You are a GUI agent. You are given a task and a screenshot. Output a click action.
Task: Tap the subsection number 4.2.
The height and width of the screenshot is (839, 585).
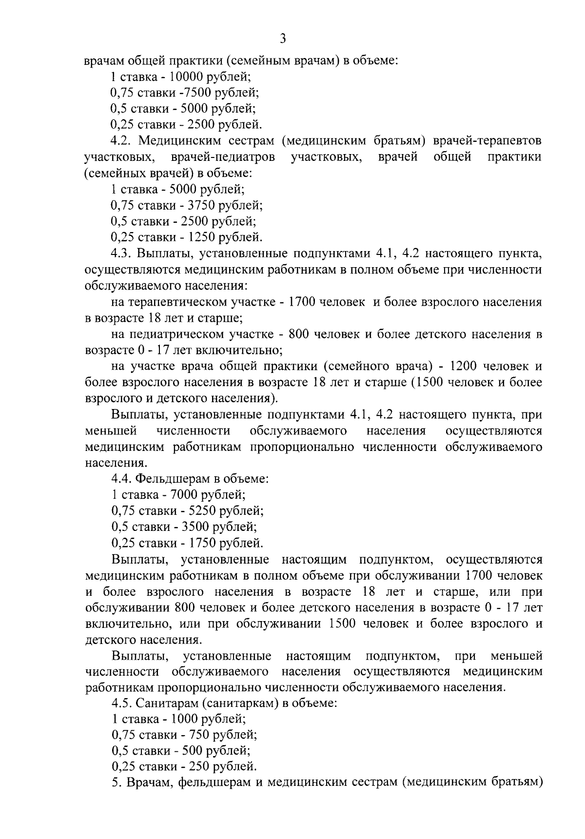click(120, 141)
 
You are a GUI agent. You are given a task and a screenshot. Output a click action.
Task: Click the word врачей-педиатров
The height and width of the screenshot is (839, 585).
click(223, 157)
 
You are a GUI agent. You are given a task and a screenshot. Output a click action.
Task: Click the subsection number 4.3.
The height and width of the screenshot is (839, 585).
click(120, 254)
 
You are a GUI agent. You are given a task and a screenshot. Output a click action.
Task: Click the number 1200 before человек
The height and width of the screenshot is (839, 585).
click(468, 366)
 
